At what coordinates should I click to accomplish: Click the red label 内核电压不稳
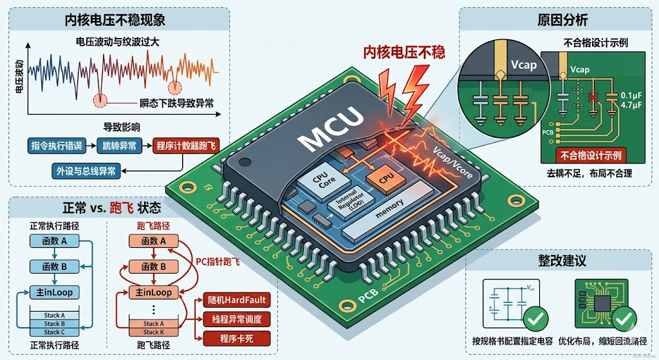pos(404,52)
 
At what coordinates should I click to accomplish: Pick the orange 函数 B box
pos(154,266)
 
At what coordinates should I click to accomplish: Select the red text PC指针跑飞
pos(218,261)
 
